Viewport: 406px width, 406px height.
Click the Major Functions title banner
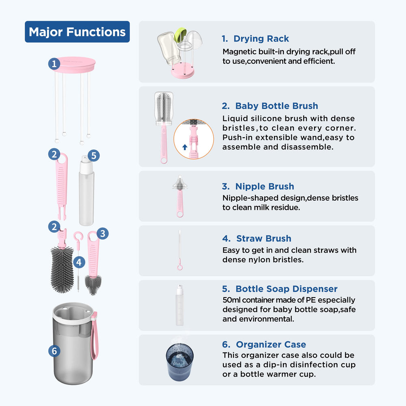pos(77,32)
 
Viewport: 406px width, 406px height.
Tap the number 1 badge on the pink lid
pos(54,64)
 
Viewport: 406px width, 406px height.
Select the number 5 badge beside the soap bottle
pos(93,155)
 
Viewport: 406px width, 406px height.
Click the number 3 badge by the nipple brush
pos(103,233)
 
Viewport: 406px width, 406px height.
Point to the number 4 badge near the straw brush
pos(79,262)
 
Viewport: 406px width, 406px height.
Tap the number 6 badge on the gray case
pos(54,351)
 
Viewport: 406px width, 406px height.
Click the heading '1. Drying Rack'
pos(255,39)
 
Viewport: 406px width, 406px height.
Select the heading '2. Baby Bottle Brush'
pos(270,106)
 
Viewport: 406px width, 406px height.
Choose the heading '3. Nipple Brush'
pos(258,187)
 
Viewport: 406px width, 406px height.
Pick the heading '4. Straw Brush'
pos(257,239)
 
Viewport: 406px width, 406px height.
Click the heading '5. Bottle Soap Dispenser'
pos(280,289)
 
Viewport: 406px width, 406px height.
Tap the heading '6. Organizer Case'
pos(264,345)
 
